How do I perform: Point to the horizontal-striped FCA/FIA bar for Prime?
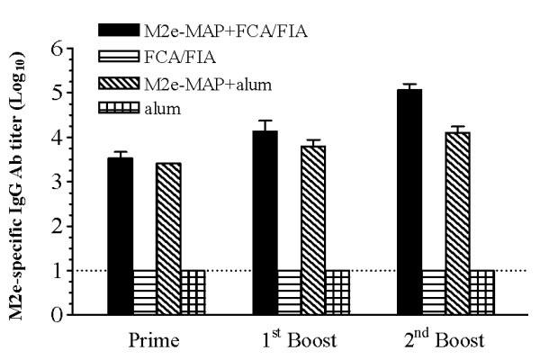[145, 292]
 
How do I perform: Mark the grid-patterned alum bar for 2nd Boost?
[481, 292]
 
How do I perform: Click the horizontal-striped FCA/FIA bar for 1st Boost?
[289, 292]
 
